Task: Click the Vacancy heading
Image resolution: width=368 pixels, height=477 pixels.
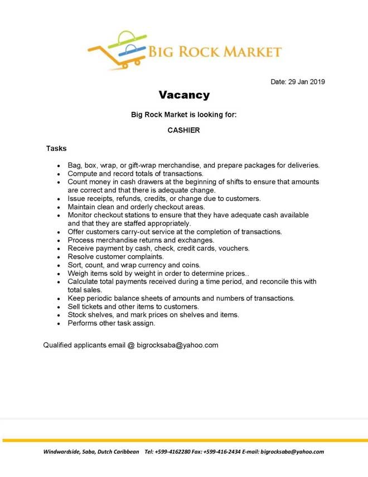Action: coord(184,95)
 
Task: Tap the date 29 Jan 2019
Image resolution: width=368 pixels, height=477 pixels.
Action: coord(307,82)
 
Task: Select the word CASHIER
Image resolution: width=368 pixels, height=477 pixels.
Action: coord(184,130)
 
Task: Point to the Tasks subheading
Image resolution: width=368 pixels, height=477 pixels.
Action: coord(56,149)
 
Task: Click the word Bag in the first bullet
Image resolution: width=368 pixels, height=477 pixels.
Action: coord(75,165)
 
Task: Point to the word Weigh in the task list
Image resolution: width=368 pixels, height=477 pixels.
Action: coord(78,273)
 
